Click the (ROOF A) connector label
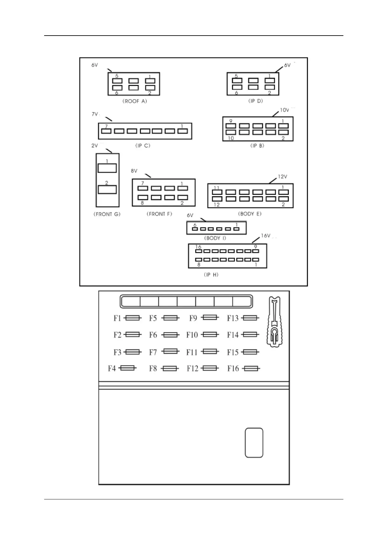point(135,101)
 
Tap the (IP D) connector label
point(255,101)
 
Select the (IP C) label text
point(143,146)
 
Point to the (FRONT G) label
point(107,214)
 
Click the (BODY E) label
point(250,214)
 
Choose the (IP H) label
point(211,274)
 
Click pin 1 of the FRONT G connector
point(107,168)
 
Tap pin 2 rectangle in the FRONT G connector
point(107,190)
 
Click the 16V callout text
point(266,236)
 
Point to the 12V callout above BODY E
point(282,177)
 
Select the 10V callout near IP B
point(284,110)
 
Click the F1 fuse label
point(117,318)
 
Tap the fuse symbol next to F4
point(129,368)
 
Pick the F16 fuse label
point(233,369)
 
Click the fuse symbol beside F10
point(210,335)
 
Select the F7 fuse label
point(153,352)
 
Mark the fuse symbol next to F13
point(250,318)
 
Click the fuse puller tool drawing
point(275,321)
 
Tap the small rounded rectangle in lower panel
point(254,443)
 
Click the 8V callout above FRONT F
point(134,171)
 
